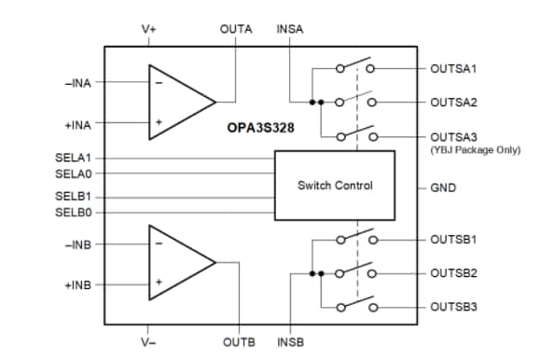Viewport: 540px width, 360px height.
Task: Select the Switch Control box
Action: pos(335,186)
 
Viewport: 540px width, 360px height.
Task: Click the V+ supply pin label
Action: pos(149,29)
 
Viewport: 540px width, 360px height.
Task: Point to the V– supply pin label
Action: pos(149,342)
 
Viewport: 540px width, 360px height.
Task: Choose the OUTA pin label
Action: pos(235,29)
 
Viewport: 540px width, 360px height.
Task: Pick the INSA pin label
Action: pos(289,29)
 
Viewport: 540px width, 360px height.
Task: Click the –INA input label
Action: pos(77,82)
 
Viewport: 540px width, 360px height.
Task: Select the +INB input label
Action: pos(77,284)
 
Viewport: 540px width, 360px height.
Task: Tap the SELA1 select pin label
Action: pos(74,157)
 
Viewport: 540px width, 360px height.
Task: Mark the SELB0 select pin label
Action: pos(74,213)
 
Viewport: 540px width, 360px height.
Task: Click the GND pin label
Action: pos(442,187)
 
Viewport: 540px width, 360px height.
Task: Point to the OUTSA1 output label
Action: pos(453,69)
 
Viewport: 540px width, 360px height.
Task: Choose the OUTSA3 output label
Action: pos(453,136)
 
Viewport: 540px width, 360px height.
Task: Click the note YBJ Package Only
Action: pos(475,150)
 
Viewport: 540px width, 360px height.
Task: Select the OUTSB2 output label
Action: pos(453,273)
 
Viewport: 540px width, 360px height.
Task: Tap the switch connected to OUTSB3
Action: pos(354,305)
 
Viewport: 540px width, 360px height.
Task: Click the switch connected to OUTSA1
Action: pos(354,67)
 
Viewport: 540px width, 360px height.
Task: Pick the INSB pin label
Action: pos(291,342)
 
